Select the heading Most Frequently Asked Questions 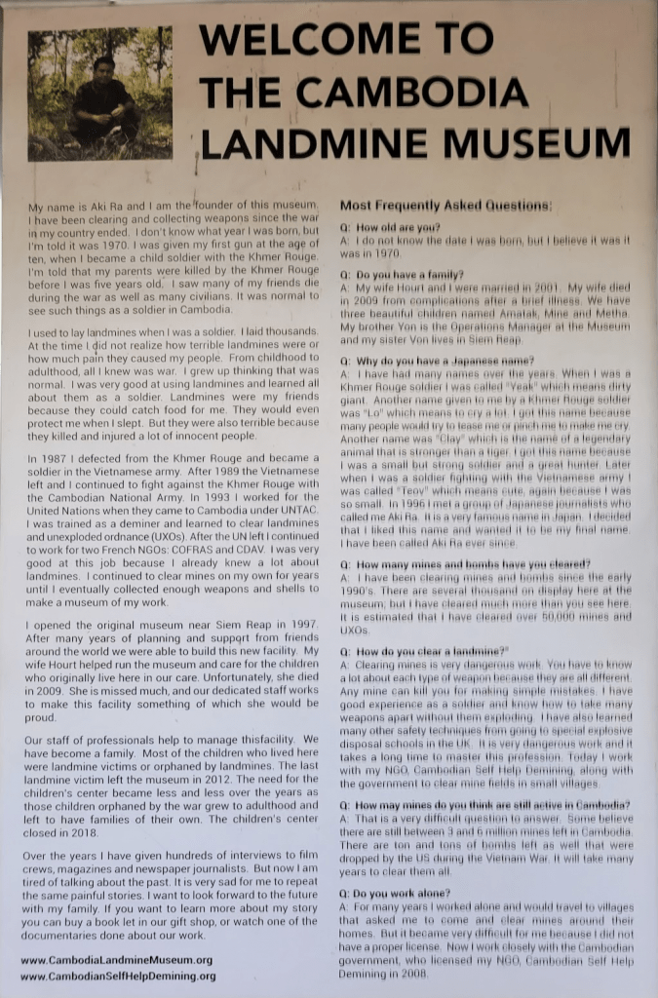pyautogui.click(x=445, y=206)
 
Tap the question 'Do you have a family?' pyautogui.click(x=402, y=275)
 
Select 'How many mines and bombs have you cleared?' pyautogui.click(x=465, y=564)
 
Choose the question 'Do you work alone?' pyautogui.click(x=395, y=892)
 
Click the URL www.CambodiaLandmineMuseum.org pyautogui.click(x=116, y=960)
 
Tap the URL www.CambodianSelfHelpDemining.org pyautogui.click(x=118, y=976)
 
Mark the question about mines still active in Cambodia pyautogui.click(x=484, y=805)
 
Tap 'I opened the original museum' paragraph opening pyautogui.click(x=98, y=623)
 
